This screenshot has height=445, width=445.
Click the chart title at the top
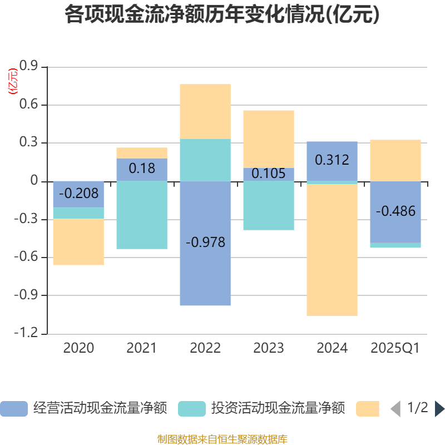click(x=222, y=15)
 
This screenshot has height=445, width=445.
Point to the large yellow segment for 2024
click(x=332, y=250)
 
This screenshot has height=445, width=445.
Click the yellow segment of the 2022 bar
click(x=205, y=111)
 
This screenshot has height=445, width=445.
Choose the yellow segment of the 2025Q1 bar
click(x=395, y=160)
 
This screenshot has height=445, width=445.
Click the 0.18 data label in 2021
click(x=142, y=167)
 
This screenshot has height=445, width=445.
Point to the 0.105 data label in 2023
click(x=269, y=174)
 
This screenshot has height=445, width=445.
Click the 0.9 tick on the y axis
click(x=28, y=67)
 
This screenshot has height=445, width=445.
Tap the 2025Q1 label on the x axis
click(x=395, y=348)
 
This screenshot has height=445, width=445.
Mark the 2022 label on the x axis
click(x=205, y=348)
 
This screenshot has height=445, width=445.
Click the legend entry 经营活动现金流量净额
click(x=83, y=408)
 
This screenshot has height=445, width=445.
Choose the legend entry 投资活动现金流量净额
click(x=261, y=408)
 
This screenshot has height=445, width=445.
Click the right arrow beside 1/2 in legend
click(x=439, y=408)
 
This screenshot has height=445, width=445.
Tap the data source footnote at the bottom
click(x=222, y=439)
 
